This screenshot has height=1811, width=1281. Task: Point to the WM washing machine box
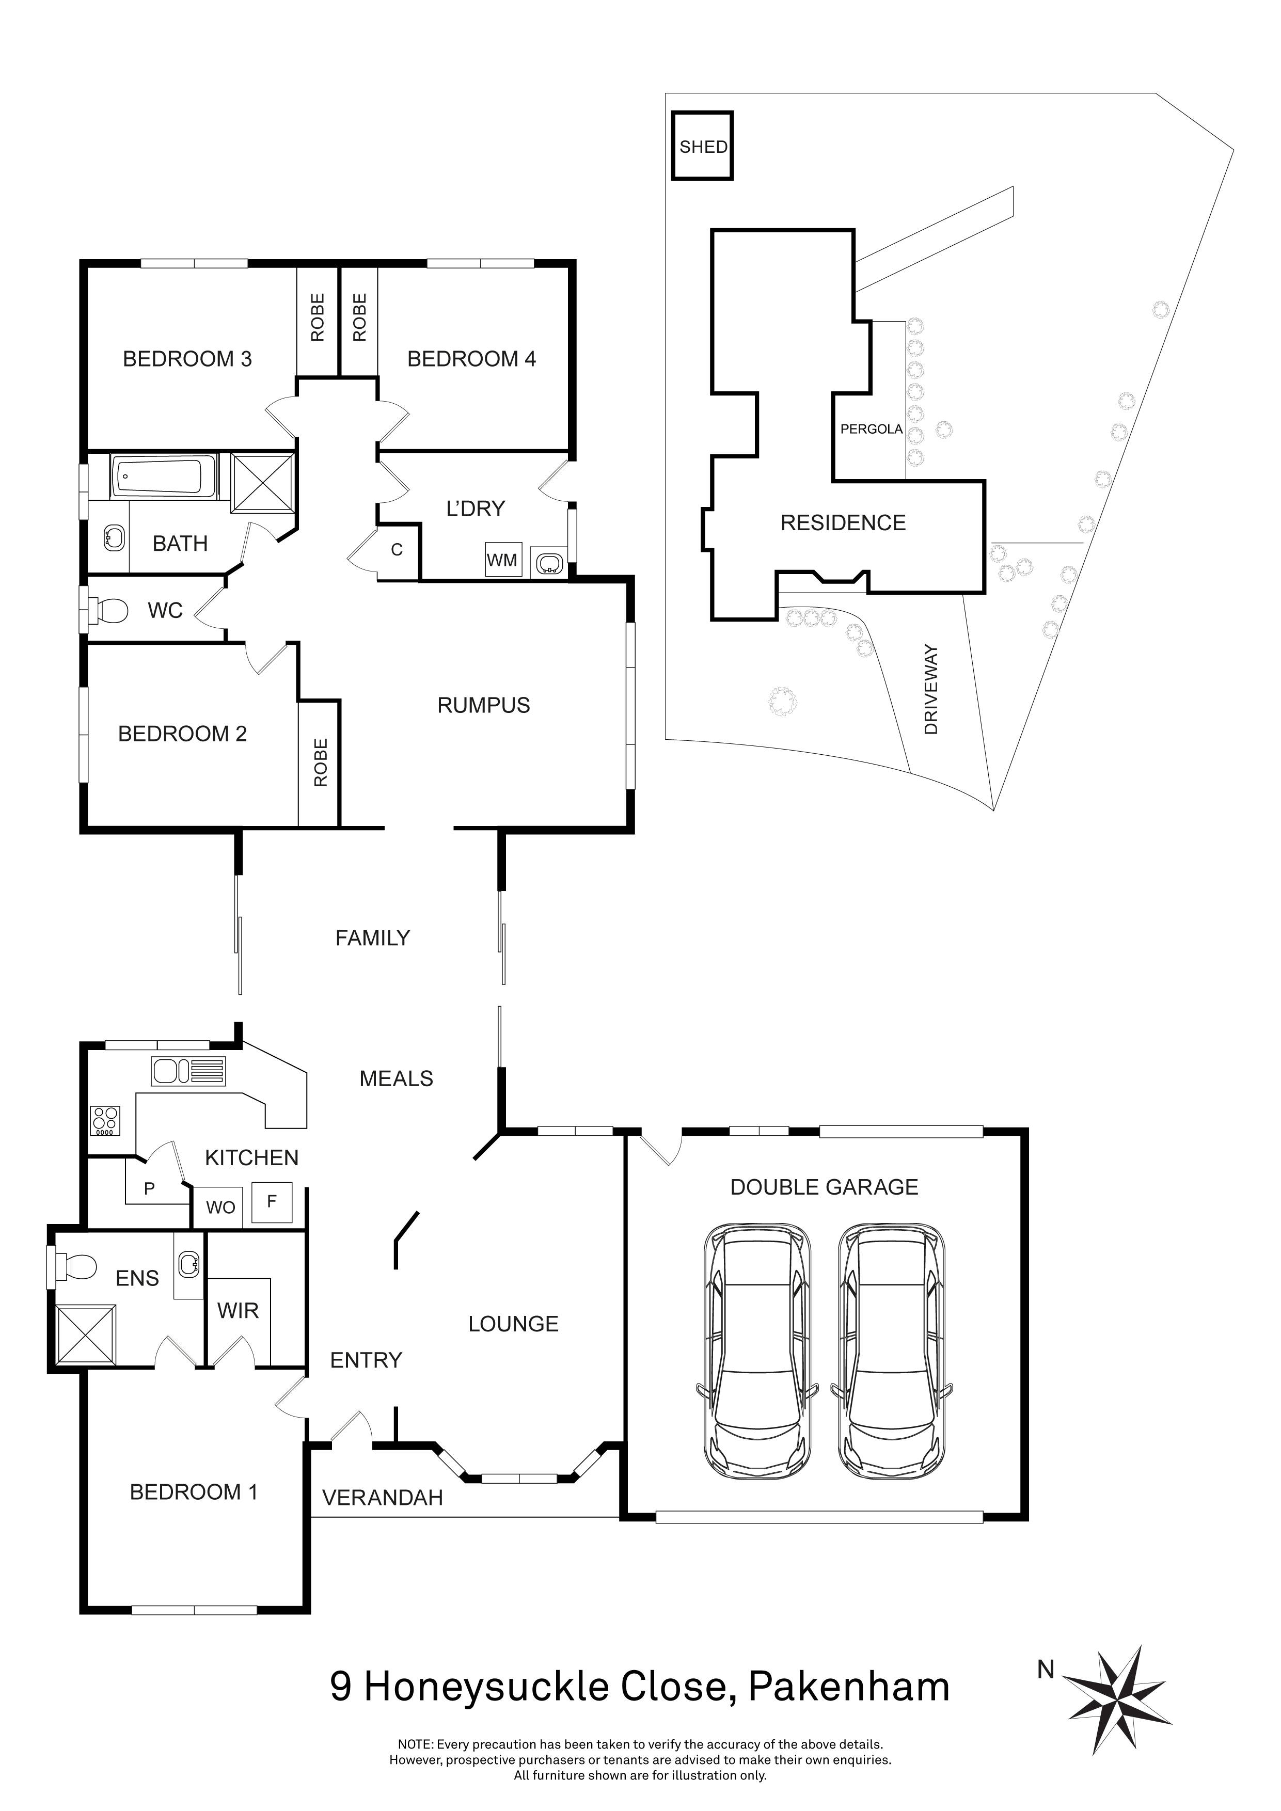coord(502,559)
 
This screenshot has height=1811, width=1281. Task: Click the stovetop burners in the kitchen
coord(105,1120)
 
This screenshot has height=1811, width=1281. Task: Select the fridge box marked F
coord(272,1202)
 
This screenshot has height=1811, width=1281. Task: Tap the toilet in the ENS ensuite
coord(74,1267)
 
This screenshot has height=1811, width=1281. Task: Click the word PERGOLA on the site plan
coord(871,429)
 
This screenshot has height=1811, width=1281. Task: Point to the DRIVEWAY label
coord(931,689)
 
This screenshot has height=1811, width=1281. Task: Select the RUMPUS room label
coord(483,705)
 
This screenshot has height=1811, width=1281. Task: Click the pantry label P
coord(149,1189)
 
